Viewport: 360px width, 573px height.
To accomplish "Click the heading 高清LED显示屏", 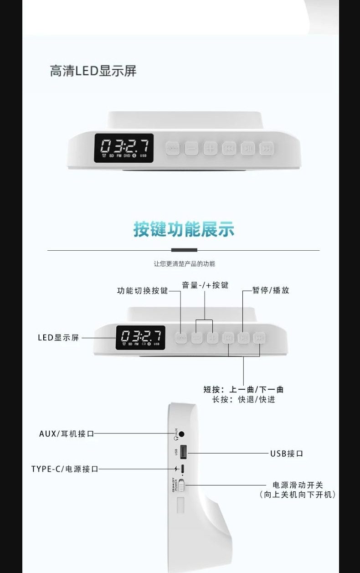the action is click(93, 71).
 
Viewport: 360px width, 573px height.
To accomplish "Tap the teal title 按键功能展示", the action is click(184, 229).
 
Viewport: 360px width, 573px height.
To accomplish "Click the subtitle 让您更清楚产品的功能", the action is click(184, 263).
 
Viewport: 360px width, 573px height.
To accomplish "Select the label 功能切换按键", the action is click(143, 291).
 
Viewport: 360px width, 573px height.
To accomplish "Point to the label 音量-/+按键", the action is click(205, 285).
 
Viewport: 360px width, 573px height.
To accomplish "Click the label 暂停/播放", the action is click(271, 290).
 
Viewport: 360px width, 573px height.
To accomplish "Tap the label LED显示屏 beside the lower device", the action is click(58, 338).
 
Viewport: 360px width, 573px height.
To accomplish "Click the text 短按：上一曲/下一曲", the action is click(244, 389).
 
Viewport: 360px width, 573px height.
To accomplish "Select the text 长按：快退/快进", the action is click(244, 400).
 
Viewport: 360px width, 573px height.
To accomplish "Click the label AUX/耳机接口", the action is click(67, 434).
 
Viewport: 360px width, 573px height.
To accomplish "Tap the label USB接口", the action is click(287, 454).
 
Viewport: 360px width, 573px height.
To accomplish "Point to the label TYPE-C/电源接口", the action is click(65, 469).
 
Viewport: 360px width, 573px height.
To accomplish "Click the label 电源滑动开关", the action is click(298, 485).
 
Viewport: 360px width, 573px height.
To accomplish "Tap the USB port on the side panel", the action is click(183, 452).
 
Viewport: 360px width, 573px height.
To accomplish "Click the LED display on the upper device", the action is click(124, 148).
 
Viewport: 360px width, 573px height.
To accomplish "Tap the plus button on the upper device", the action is click(210, 148).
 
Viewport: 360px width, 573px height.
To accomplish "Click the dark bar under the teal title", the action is click(184, 250).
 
